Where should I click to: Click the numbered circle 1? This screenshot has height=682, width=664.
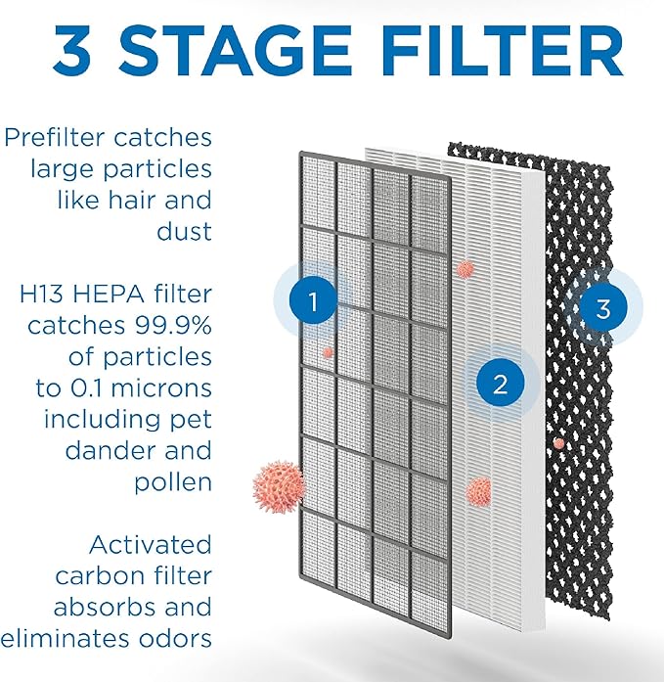pos(313,303)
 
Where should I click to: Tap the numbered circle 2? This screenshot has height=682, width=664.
pos(501,385)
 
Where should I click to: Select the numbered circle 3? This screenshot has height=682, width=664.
pos(603,309)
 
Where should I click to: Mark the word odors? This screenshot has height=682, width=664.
pos(171,638)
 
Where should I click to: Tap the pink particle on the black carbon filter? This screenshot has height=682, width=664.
pos(558,443)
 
